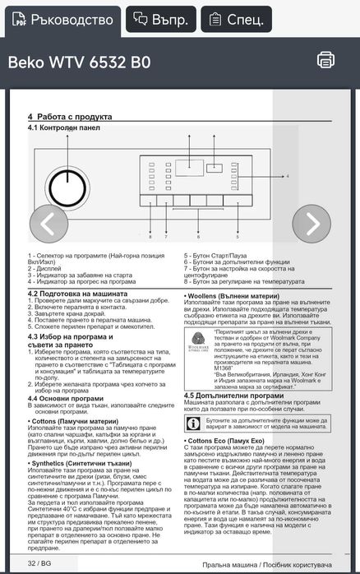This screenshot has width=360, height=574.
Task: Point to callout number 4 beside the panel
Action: click(288, 176)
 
